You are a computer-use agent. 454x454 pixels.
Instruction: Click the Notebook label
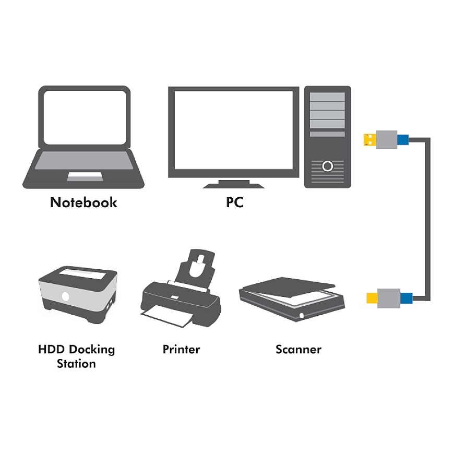[83, 202]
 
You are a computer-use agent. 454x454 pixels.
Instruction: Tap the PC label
[234, 202]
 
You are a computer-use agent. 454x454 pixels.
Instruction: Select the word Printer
[181, 349]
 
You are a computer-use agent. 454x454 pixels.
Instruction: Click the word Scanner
[298, 349]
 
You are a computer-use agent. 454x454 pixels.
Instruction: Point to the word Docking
[92, 350]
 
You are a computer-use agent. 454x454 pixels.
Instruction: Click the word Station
[76, 364]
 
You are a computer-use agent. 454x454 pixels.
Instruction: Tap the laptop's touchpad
[85, 176]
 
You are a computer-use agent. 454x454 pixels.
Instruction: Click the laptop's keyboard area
[84, 160]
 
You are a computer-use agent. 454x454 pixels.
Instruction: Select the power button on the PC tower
[328, 166]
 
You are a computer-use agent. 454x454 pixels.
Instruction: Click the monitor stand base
[233, 186]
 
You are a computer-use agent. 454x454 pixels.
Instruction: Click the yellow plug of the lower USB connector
[372, 298]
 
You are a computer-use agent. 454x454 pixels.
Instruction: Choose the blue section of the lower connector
[406, 298]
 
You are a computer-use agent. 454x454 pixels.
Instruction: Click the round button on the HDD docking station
[66, 296]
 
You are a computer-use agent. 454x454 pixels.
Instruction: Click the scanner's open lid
[288, 287]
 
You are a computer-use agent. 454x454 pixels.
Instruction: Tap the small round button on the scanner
[302, 315]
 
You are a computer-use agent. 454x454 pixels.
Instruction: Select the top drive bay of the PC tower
[327, 97]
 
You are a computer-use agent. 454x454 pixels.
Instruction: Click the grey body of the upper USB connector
[387, 139]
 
